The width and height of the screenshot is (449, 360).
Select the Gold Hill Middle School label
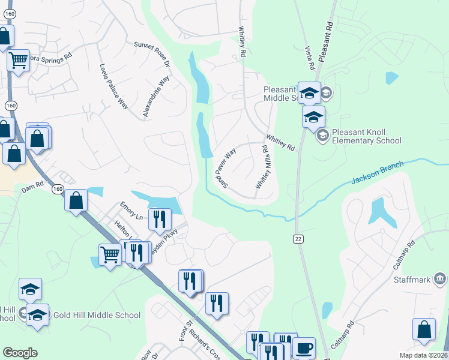pyautogui.click(x=97, y=315)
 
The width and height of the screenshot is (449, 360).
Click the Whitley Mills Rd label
pyautogui.click(x=264, y=167)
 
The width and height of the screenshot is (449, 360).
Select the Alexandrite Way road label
pyautogui.click(x=156, y=96)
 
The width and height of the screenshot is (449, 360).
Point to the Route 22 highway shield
pyautogui.click(x=298, y=239)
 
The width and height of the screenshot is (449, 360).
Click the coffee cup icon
pyautogui.click(x=304, y=347)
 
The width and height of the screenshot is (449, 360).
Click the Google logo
pyautogui.click(x=20, y=353)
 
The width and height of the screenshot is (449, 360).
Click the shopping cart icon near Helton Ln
pyautogui.click(x=110, y=256)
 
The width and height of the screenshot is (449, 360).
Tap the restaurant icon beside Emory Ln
pyautogui.click(x=159, y=219)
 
